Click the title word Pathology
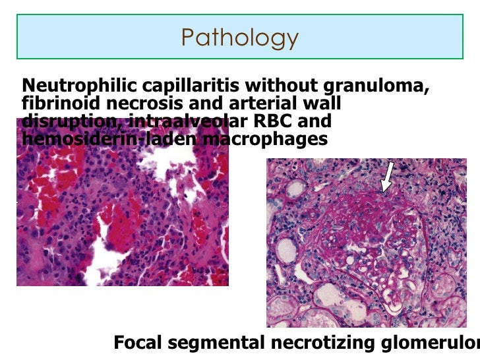(x=239, y=38)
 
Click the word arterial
(x=264, y=104)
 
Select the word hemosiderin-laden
(x=108, y=139)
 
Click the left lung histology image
(x=122, y=218)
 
